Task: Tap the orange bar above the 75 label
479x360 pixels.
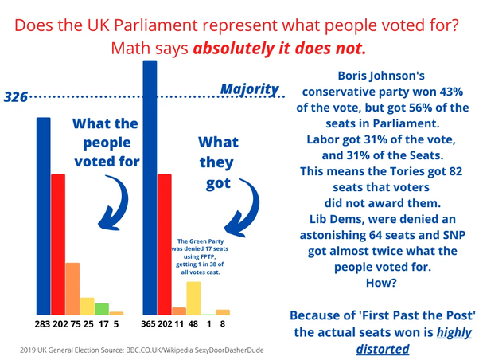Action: [72, 288]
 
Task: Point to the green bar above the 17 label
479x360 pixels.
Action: [102, 308]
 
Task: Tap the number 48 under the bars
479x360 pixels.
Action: [193, 325]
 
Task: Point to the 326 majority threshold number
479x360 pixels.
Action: [16, 97]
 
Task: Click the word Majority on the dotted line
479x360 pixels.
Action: [250, 88]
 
